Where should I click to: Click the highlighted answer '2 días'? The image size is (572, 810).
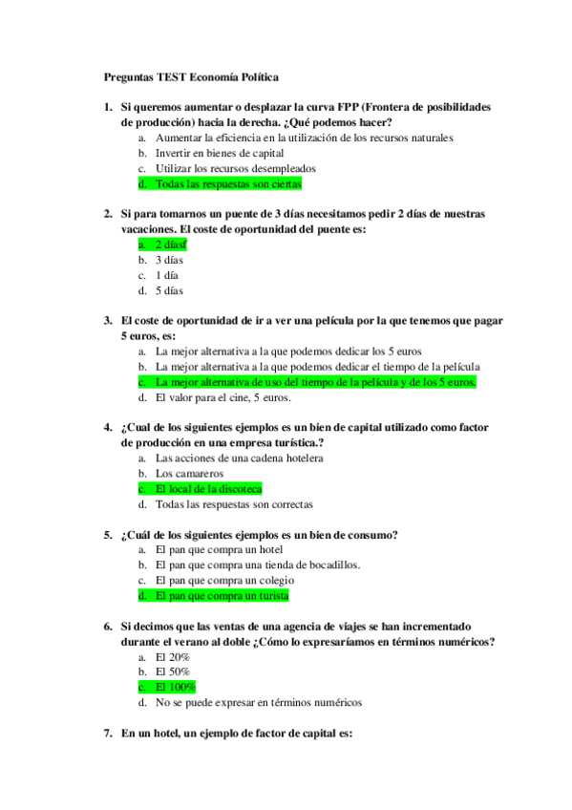point(170,245)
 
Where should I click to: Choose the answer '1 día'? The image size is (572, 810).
point(167,275)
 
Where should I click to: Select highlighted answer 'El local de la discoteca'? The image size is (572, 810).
point(208,489)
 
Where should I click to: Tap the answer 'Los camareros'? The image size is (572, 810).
point(189,474)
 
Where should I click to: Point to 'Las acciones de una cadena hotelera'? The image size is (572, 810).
point(239,458)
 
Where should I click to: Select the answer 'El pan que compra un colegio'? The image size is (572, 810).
point(224,581)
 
